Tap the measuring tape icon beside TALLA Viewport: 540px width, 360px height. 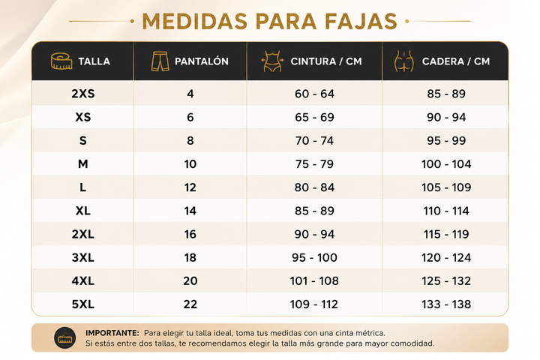61,61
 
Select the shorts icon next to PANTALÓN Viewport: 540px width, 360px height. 160,61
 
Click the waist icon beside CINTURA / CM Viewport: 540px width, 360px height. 272,61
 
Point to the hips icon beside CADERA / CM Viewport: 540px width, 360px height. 404,61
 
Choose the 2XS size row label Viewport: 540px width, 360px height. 83,94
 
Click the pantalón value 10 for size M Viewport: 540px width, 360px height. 190,164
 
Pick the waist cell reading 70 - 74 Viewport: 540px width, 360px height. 314,140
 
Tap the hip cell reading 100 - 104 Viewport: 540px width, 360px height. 446,164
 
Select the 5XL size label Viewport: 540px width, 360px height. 83,304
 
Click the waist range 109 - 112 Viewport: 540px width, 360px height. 314,304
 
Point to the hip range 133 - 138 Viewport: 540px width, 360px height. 446,304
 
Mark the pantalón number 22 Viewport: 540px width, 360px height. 190,304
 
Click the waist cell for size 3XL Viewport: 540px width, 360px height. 314,258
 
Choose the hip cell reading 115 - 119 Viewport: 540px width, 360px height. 446,234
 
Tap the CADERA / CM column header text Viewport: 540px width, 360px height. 456,61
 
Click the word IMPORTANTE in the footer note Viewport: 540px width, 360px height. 112,333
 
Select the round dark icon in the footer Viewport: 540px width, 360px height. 65,337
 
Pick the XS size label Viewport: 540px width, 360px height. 83,117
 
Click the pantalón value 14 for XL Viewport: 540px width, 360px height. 190,211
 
